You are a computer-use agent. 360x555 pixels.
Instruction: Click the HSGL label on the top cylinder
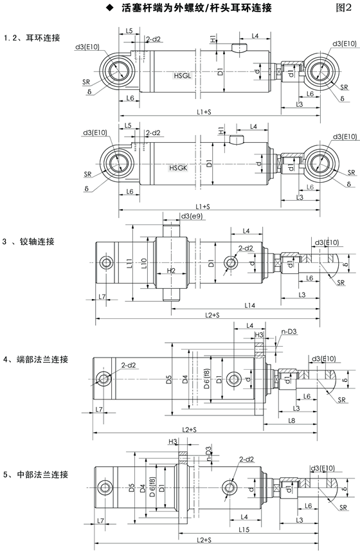(x=183, y=75)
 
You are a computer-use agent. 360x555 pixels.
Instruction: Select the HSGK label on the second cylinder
(x=178, y=168)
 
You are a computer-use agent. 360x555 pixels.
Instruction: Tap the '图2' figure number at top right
(x=343, y=8)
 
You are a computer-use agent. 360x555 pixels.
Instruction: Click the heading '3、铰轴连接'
(x=28, y=242)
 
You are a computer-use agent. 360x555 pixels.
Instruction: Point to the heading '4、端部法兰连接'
(x=35, y=359)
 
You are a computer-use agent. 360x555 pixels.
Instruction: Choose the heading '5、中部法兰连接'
(x=35, y=475)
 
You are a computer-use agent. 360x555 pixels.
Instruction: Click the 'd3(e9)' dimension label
(x=192, y=216)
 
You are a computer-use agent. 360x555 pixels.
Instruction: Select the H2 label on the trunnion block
(x=171, y=271)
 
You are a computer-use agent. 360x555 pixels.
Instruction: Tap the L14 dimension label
(x=250, y=305)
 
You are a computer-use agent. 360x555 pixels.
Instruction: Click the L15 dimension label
(x=244, y=529)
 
